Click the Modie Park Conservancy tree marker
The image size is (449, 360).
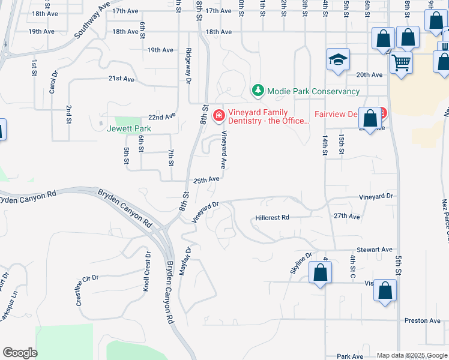click(258, 91)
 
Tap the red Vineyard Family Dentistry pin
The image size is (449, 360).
click(218, 114)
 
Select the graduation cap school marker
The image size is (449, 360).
click(338, 60)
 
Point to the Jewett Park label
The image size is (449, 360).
click(129, 128)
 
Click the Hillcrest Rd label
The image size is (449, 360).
click(272, 217)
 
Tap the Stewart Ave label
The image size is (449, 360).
click(374, 249)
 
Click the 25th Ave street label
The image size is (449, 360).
click(206, 179)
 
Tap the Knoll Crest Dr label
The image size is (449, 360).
click(146, 272)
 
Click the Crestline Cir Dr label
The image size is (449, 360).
click(87, 290)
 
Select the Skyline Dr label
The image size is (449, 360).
click(301, 263)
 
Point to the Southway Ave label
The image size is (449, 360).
click(93, 19)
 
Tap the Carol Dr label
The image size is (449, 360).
click(53, 82)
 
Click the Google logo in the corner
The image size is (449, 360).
click(20, 353)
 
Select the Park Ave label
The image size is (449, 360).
click(351, 356)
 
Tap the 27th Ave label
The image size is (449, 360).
click(346, 216)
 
